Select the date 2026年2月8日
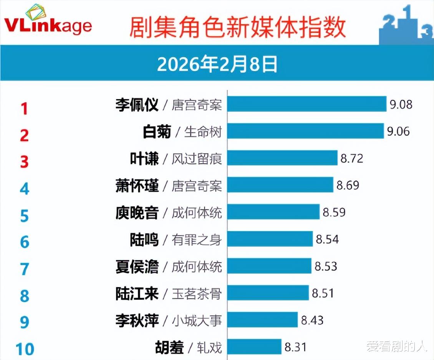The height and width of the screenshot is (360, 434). coord(217,64)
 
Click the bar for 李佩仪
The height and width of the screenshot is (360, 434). coord(306,104)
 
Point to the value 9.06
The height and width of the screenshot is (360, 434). coord(398,131)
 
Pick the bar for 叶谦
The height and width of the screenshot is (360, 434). coord(282,158)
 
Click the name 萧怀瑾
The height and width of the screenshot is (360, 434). coord(137,186)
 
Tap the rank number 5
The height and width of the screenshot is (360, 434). coord(25,216)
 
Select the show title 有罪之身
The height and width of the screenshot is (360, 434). coord(197,240)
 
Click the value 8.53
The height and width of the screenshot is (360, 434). coord(326,266)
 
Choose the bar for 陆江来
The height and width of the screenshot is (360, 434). coord(268,293)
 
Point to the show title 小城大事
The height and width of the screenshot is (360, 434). coord(197,320)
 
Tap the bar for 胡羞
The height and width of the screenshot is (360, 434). coord(254,347)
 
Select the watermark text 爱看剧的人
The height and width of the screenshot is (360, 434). coord(396,347)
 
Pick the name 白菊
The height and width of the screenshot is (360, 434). coord(156,132)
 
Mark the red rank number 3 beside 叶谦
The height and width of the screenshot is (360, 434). coord(25,162)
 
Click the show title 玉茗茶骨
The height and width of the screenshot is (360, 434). coord(197,294)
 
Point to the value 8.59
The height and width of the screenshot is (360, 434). coord(334,212)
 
